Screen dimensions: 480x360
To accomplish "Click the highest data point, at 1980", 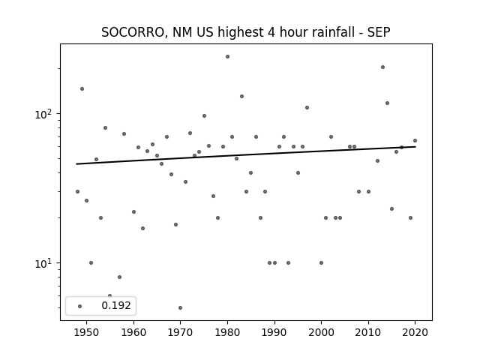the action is click(x=227, y=57).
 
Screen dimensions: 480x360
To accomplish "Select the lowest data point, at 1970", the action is click(x=180, y=307).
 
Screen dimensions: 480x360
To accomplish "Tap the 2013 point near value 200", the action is click(x=382, y=67).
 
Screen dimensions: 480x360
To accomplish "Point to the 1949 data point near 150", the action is click(x=82, y=88).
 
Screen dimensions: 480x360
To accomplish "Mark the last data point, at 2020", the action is click(x=415, y=140).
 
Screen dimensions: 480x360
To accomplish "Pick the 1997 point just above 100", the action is click(x=307, y=107).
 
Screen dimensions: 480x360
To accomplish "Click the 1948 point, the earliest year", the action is click(x=77, y=192).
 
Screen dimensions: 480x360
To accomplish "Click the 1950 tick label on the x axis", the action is click(x=87, y=332).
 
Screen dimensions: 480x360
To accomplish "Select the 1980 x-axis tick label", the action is click(x=227, y=332).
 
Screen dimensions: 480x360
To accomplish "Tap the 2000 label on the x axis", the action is click(x=322, y=332).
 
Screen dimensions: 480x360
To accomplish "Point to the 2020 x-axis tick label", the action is click(x=415, y=332).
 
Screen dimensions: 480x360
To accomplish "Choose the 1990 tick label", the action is click(x=274, y=332).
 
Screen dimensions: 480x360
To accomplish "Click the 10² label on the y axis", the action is click(x=45, y=114).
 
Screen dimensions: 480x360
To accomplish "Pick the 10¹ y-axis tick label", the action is click(x=45, y=263).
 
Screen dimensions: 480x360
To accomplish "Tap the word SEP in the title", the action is click(x=379, y=32).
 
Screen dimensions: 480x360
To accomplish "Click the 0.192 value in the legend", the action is click(x=116, y=305).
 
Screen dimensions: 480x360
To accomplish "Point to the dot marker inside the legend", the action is click(x=80, y=306).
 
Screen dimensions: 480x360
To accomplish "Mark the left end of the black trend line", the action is click(x=76, y=164).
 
